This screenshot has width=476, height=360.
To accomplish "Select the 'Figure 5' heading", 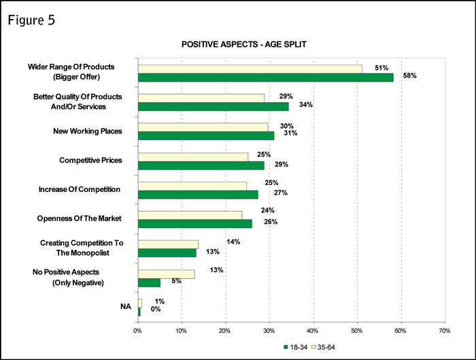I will coord(32,20).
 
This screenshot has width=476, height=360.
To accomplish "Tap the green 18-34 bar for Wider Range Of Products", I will coord(265,77).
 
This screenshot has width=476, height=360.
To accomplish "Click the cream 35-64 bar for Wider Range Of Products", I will coord(250,68).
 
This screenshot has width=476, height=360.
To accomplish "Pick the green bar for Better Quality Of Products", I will coord(213,106).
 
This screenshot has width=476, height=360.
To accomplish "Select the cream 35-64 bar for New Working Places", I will coord(203,127).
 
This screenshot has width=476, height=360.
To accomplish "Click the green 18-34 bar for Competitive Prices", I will coord(201,165).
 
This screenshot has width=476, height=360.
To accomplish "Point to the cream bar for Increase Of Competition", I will coord(192,185).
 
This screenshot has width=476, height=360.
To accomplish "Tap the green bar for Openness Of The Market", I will coord(194,223).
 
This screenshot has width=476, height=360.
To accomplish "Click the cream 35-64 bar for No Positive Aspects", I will coord(166,274).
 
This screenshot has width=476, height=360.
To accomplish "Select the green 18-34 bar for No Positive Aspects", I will coord(149,282).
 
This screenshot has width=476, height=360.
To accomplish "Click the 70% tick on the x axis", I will coord(444,331).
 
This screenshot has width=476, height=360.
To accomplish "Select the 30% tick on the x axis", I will coord(269,331).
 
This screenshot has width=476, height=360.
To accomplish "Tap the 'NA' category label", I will coord(125,307).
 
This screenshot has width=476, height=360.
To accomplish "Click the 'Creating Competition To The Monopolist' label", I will coord(85,247).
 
